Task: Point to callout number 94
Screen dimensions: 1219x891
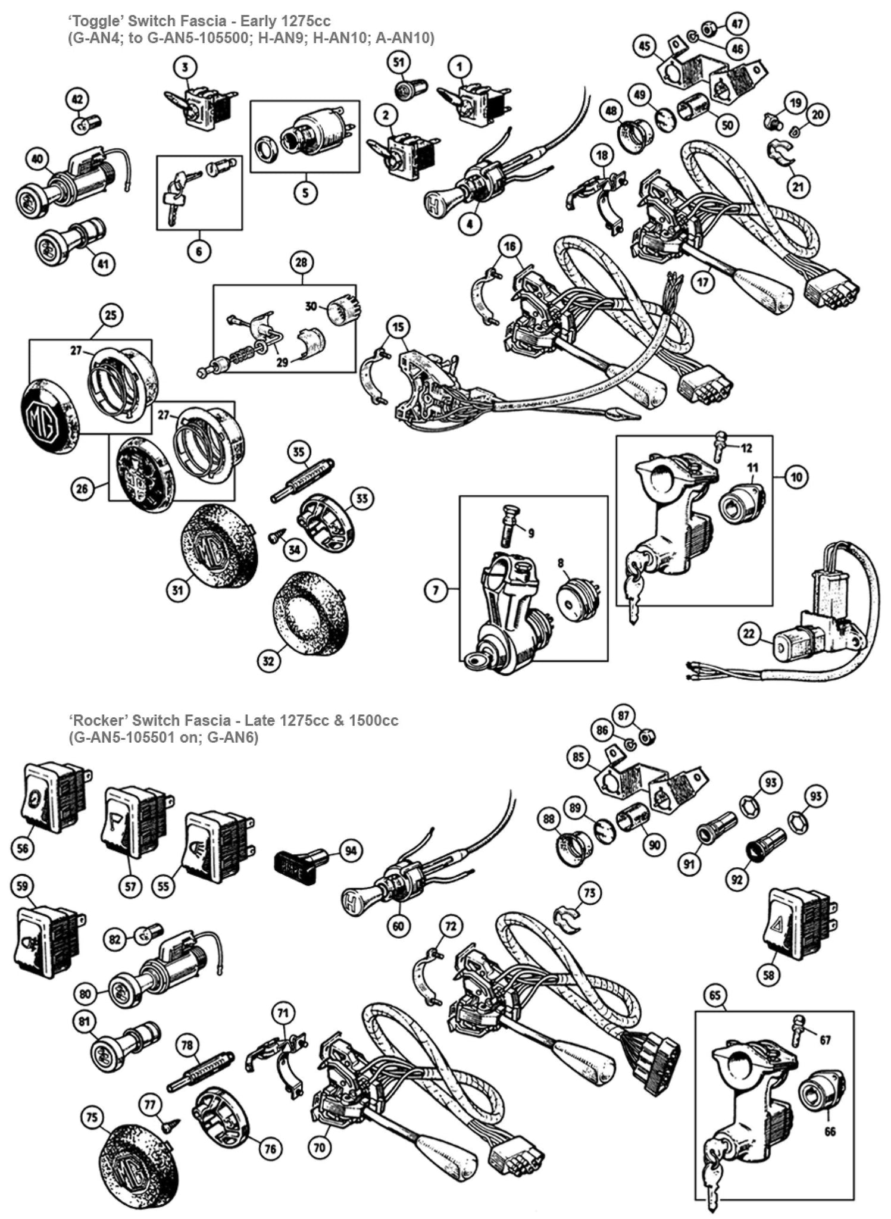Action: (x=351, y=851)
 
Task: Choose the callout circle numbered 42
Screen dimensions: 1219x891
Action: (x=79, y=99)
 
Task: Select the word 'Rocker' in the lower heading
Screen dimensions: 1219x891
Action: (x=92, y=720)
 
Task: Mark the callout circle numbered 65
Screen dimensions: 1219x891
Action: (x=716, y=995)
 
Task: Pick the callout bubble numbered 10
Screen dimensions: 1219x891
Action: (x=797, y=476)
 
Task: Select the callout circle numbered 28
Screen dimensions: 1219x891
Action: (x=302, y=262)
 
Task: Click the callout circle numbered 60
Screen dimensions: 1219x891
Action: (x=398, y=926)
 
